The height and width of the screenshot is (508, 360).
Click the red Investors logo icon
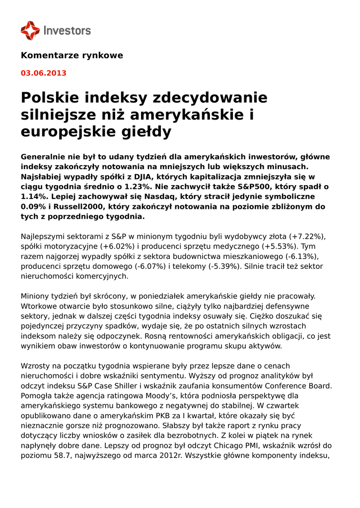30,31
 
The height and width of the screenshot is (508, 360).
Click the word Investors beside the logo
67,31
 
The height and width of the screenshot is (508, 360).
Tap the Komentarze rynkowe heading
72,56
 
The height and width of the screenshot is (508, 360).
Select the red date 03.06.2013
43,73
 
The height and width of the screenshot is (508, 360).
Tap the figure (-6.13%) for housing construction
300,256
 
